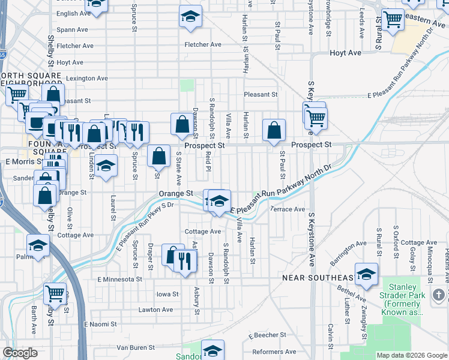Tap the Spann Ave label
click(72, 29)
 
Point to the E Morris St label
click(22, 162)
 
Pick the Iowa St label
click(167, 294)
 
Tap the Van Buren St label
click(136, 347)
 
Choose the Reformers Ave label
click(274, 352)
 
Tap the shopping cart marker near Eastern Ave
click(393, 19)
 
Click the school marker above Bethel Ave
click(366, 274)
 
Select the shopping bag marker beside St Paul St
click(274, 130)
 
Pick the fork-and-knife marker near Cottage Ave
click(185, 259)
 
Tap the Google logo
click(20, 353)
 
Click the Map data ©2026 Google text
click(411, 355)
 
